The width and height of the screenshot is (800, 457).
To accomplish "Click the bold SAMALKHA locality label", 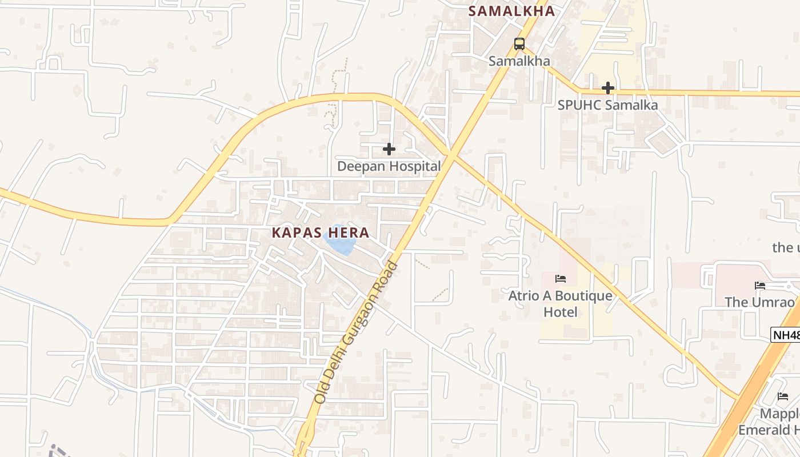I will (x=511, y=11).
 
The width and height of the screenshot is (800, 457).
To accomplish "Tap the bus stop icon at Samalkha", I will (x=519, y=43).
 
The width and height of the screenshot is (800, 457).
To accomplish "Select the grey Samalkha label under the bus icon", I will (x=519, y=61).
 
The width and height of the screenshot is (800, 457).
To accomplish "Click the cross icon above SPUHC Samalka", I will (x=608, y=88).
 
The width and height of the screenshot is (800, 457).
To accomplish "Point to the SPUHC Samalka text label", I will (x=608, y=105).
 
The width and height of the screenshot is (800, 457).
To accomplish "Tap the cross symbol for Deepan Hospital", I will (x=389, y=149).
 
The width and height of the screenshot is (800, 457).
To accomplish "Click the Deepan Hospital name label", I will (x=389, y=166).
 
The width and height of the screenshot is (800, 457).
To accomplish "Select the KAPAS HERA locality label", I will (x=321, y=233).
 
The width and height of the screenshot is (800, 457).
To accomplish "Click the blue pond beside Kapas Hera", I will (x=340, y=242).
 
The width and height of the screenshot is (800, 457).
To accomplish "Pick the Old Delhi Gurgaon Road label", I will (x=355, y=332).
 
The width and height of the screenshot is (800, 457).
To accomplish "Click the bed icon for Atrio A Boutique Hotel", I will (x=561, y=279).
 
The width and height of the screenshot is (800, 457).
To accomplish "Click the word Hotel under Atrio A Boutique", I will (x=560, y=312).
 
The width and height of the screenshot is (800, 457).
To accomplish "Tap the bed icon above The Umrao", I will (x=759, y=285).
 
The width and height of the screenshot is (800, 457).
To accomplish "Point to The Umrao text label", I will (x=759, y=302).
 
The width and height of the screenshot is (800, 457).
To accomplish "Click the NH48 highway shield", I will (x=786, y=335).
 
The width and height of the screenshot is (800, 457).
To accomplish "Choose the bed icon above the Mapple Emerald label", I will (x=783, y=396).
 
